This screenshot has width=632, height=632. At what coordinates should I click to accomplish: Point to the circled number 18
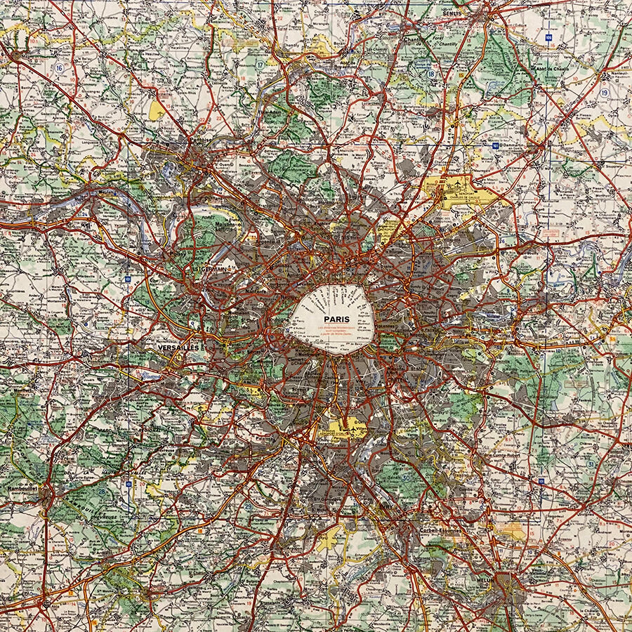[x=430, y=74]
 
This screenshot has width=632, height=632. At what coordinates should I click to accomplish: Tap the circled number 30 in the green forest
[x=408, y=478]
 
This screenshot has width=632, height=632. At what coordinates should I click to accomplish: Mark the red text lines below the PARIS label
[x=337, y=331]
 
